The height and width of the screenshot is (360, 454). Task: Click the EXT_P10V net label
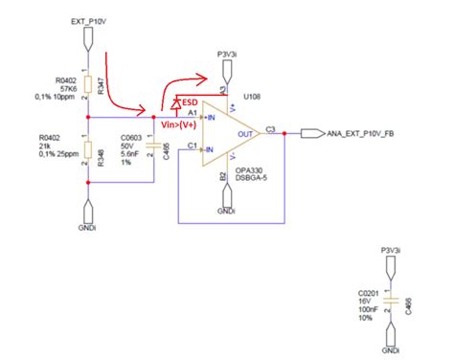[x=89, y=19]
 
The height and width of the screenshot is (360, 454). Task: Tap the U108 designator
[x=254, y=96]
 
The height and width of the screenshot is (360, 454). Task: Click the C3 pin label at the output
[x=271, y=126]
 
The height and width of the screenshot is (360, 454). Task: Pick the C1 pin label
[x=193, y=146]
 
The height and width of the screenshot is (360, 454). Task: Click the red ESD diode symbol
[x=177, y=102]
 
